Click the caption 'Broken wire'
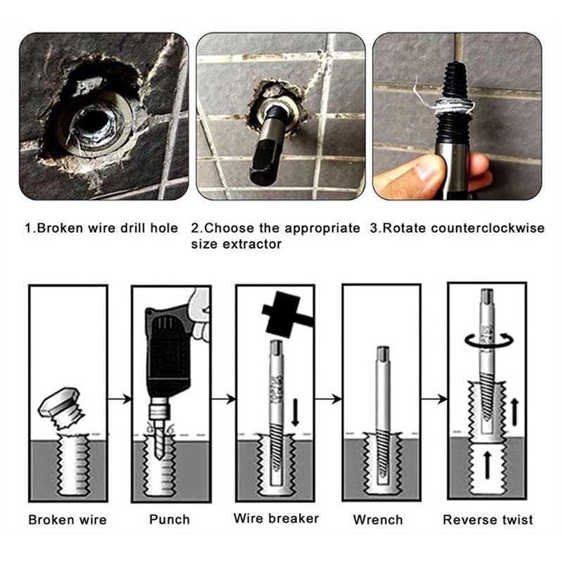[x=68, y=519]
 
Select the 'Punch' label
[x=170, y=519]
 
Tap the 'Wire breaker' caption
[x=276, y=518]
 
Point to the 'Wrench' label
[x=378, y=519]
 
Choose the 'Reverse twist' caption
[x=488, y=519]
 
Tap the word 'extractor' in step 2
[x=252, y=244]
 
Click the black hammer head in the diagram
[x=281, y=312]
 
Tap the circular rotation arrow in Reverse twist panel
[x=489, y=339]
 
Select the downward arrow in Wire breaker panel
[x=295, y=412]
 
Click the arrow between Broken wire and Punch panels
[x=119, y=398]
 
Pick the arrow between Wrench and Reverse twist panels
[x=434, y=398]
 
